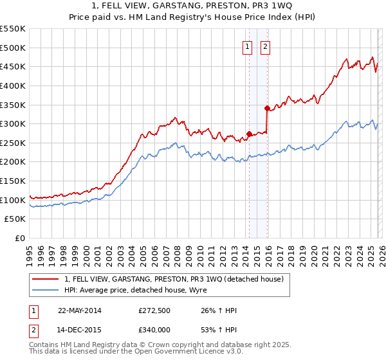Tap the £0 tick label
tap(20, 239)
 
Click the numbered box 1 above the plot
tap(248, 46)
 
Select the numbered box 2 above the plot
tap(265, 46)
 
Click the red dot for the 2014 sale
tap(249, 134)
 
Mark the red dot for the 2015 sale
tap(267, 108)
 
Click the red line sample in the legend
tap(46, 279)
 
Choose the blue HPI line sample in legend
tap(46, 290)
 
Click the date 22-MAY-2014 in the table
tap(80, 310)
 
